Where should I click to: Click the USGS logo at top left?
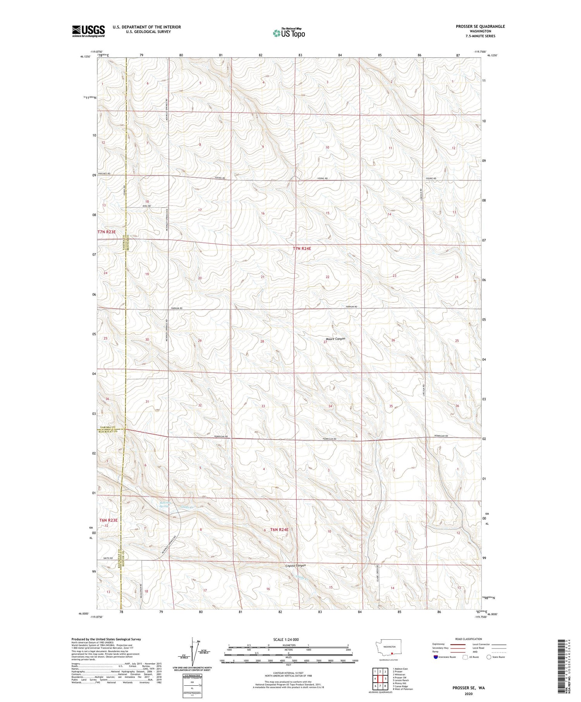[88, 31]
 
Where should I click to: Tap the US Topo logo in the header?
[289, 33]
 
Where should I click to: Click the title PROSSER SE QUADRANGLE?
[480, 26]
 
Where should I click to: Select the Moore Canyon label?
[335, 339]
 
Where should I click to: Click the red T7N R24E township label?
[302, 249]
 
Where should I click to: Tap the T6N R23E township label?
[108, 520]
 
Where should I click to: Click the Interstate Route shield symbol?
[435, 657]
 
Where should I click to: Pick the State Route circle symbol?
[489, 657]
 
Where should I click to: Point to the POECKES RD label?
[104, 174]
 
